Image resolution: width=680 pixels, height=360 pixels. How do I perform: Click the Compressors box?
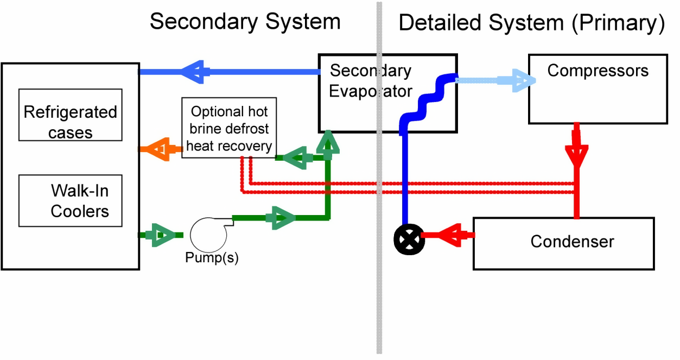coord(598,89)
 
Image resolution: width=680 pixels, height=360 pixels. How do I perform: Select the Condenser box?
coord(563,243)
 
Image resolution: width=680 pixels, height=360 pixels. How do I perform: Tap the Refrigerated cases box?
coord(70,115)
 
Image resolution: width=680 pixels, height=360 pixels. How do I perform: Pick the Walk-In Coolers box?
coord(70,200)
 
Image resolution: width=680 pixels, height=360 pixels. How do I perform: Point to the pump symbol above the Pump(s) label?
coord(211,234)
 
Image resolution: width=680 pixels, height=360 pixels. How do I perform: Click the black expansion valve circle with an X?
coord(409,238)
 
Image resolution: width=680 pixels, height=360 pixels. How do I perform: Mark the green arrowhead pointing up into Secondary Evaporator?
coord(327,143)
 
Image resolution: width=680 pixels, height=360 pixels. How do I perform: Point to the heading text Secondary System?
coord(245,22)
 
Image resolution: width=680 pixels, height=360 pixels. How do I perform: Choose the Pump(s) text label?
coord(212,258)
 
